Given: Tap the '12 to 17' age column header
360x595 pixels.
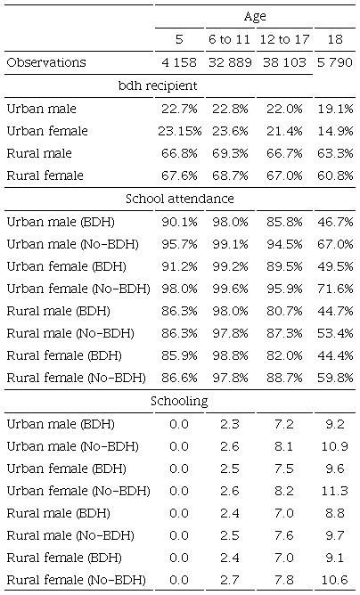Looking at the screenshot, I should tap(283, 39).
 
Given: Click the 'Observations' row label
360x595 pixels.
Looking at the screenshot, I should tap(46, 62).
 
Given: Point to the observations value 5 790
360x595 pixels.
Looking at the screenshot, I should tap(336, 62).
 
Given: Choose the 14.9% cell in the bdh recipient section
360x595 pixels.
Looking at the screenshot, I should tap(336, 131).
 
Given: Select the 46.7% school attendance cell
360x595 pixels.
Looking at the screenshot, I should tap(336, 222).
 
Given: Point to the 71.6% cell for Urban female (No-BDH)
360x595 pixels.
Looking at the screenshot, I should tap(336, 289).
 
